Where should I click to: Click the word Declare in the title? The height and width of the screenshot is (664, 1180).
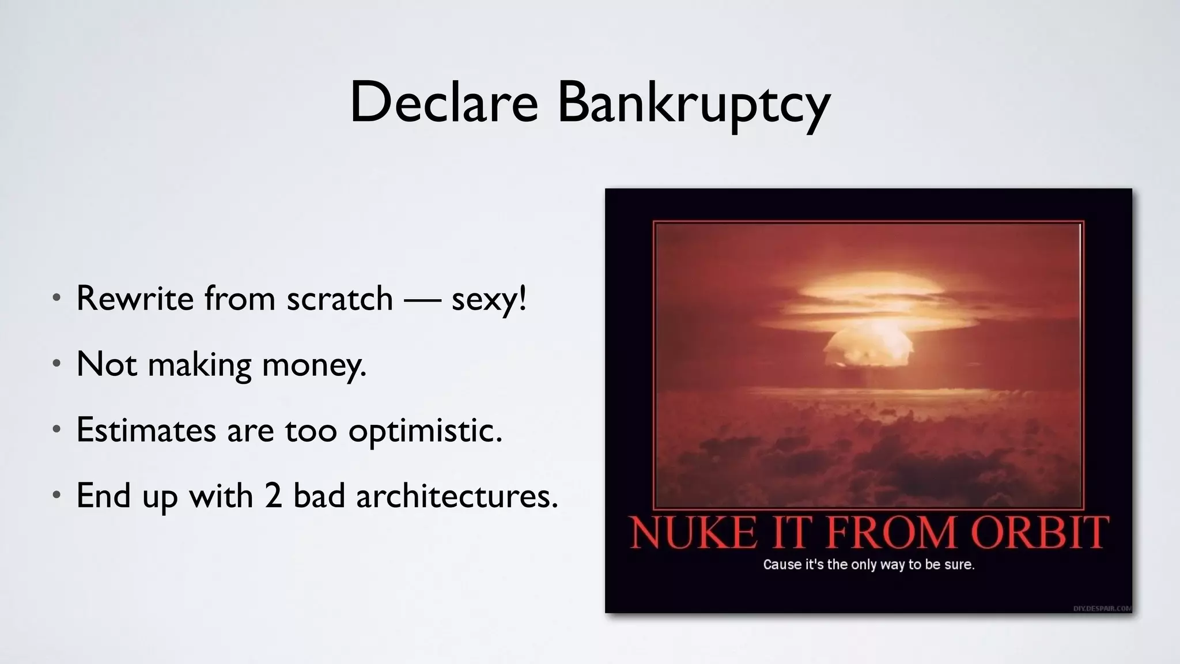[x=444, y=103]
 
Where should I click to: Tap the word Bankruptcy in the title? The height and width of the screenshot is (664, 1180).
[x=694, y=104]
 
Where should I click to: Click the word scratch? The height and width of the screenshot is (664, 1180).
[x=339, y=299]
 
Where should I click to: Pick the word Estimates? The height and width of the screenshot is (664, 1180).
[x=146, y=430]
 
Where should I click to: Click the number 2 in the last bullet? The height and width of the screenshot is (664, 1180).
[x=274, y=496]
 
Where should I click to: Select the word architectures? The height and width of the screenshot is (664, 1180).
[x=457, y=496]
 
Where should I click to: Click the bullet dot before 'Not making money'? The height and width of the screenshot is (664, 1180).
[x=56, y=364]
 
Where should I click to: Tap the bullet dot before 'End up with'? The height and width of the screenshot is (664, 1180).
[x=56, y=495]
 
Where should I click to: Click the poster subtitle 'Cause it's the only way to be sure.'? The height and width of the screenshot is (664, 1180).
[x=868, y=564]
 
